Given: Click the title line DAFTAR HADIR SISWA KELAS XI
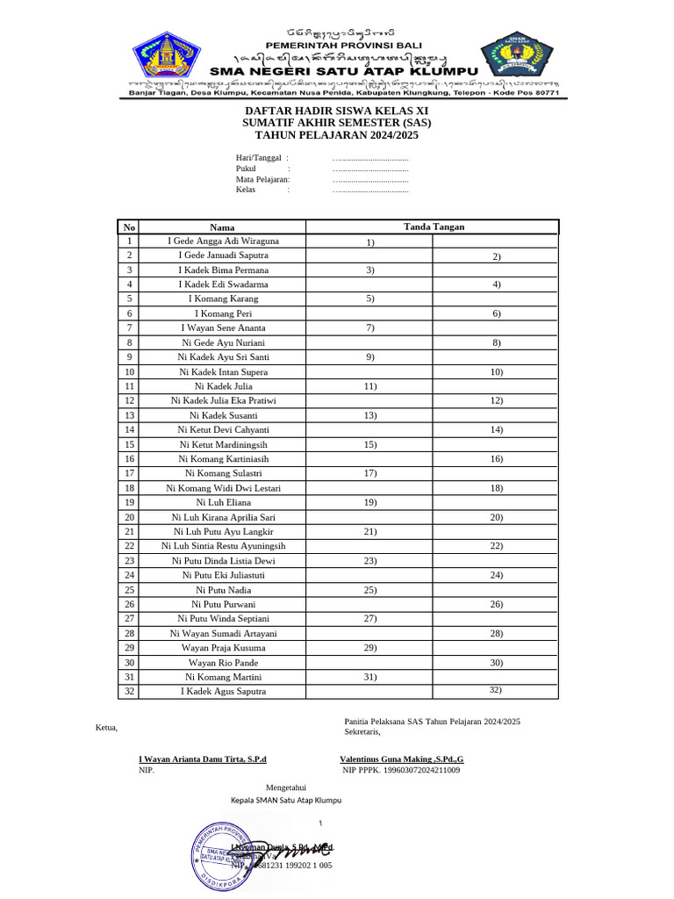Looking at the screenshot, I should pos(337,111).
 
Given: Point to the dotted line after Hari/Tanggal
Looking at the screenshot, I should pos(370,157).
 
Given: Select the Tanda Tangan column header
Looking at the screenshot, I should pos(434,227).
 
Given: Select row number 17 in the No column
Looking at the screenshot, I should pos(129,473).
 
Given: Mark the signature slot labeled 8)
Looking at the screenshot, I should pos(496,342).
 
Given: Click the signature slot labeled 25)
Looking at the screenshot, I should pos(369,590).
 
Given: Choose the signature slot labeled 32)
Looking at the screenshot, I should pos(496,691).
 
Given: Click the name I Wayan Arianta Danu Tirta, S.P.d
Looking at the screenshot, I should pos(202,759).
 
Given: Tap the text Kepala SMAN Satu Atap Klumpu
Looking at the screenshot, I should pos(285,801).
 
